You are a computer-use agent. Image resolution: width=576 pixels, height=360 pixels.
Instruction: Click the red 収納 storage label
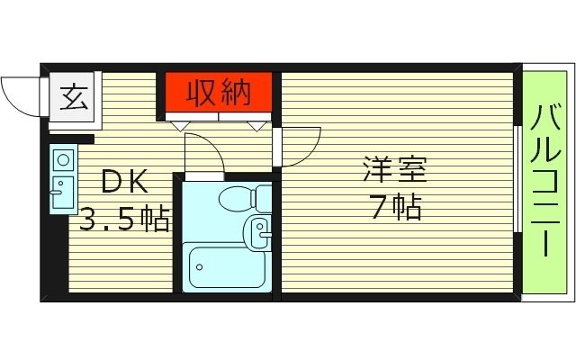(x=217, y=91)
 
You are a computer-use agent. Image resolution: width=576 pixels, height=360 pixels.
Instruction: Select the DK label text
(x=123, y=182)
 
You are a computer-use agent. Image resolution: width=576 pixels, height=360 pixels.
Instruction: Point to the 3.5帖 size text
(x=125, y=219)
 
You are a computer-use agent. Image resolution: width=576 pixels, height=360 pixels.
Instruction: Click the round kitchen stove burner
(x=63, y=161)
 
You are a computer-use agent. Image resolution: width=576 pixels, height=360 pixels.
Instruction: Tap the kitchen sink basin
(x=62, y=193)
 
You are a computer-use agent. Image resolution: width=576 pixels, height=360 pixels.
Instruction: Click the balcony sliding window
(x=517, y=180)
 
